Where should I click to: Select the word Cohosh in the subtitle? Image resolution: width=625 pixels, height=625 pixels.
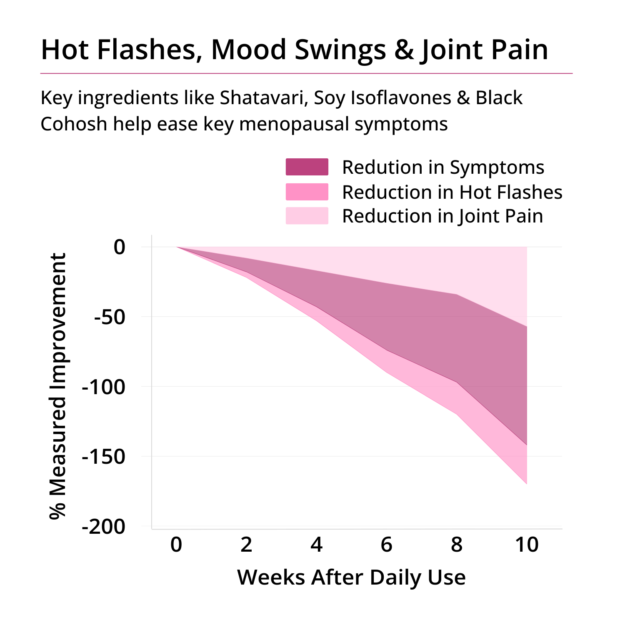(x=74, y=124)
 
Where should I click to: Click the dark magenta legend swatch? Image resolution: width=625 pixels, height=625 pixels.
(x=307, y=167)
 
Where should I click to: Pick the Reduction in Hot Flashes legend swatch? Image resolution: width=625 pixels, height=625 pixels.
(x=307, y=192)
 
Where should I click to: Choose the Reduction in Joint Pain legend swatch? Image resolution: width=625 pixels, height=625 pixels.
(x=307, y=216)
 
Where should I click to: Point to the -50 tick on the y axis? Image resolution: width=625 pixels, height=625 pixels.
(x=110, y=317)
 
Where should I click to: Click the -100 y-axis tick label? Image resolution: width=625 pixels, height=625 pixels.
(x=104, y=387)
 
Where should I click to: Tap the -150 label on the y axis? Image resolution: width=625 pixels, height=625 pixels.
(x=104, y=457)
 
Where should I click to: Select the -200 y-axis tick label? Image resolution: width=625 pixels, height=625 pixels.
(x=104, y=527)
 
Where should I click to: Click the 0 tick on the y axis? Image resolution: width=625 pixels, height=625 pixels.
(x=120, y=247)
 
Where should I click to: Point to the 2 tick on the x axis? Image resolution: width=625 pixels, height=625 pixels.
(x=246, y=545)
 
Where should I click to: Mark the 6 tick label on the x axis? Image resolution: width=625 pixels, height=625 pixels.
(x=387, y=545)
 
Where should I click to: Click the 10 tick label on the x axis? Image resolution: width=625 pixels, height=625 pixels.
(x=527, y=545)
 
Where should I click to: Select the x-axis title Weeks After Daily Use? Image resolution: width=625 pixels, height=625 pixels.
(x=351, y=577)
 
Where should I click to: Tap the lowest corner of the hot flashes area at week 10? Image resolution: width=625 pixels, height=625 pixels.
(x=527, y=484)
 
